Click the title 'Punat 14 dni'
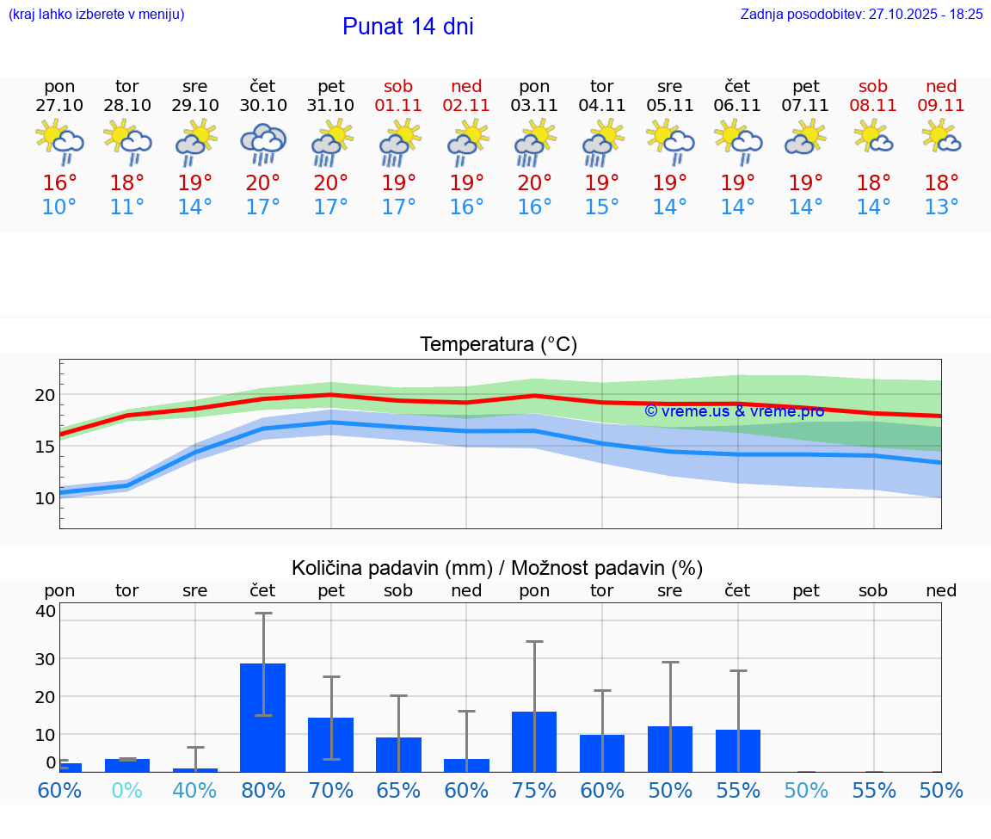tap(408, 27)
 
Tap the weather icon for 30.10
tap(263, 143)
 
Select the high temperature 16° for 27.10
tap(59, 182)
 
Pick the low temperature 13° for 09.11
tap(941, 207)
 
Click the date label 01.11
tap(398, 106)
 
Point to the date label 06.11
tap(737, 106)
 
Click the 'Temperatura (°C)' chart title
tap(498, 344)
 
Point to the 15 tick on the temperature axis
tap(45, 446)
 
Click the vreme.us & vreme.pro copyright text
tap(734, 411)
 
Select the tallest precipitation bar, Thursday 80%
tap(262, 717)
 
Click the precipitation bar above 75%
tap(534, 741)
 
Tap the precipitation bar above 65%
tap(398, 754)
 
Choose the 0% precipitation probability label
tap(126, 790)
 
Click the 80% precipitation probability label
tap(262, 790)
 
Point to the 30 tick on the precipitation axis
tap(45, 658)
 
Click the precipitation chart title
tap(497, 568)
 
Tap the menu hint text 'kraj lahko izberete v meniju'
tap(96, 14)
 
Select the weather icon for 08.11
tap(873, 138)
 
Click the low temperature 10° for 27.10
tap(59, 207)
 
